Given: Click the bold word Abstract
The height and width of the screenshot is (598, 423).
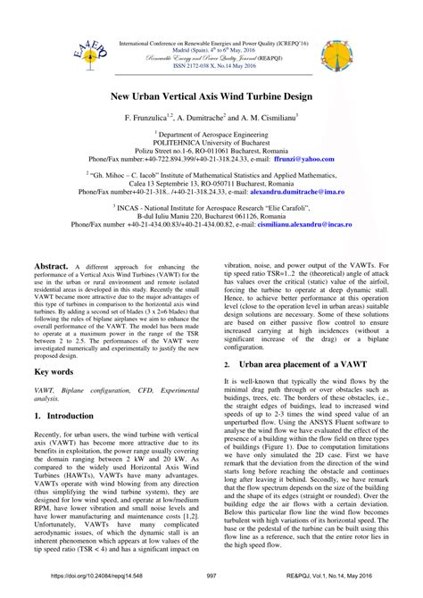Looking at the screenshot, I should pyautogui.click(x=51, y=243).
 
